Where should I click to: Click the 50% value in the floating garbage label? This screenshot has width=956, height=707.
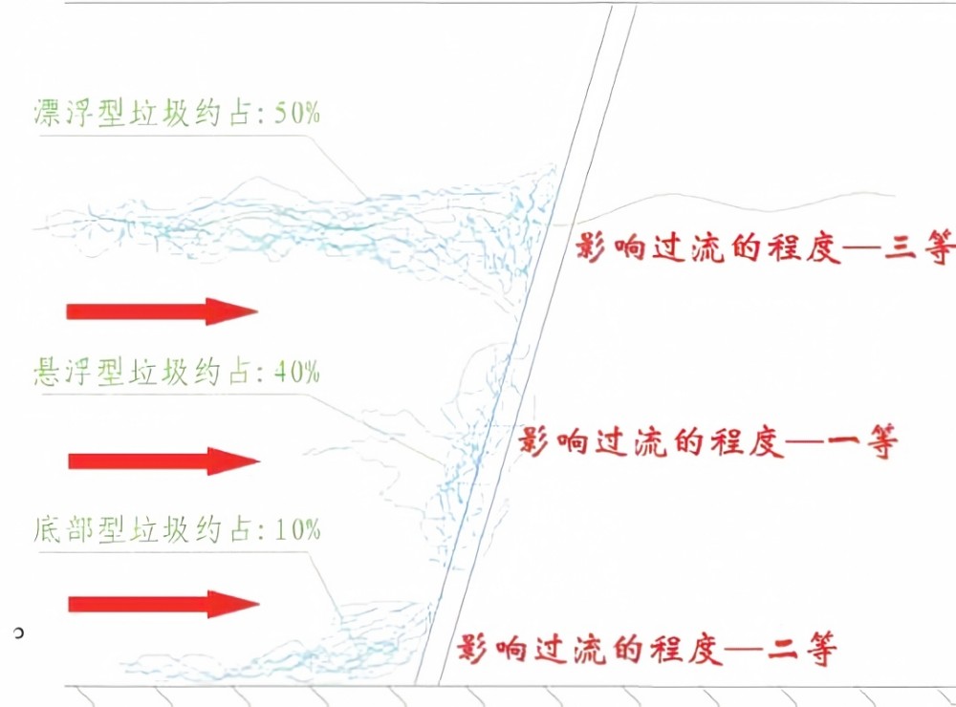[x=297, y=113]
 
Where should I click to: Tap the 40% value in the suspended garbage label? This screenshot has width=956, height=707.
[x=297, y=371]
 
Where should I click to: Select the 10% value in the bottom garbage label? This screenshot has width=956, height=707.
[x=297, y=529]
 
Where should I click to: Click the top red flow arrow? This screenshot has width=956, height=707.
[x=163, y=311]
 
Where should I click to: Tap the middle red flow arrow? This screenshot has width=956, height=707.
[x=164, y=461]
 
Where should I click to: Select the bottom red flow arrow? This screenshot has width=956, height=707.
[x=164, y=604]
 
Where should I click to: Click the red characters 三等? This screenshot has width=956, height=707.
[x=920, y=248]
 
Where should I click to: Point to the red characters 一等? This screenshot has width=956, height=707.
[x=862, y=440]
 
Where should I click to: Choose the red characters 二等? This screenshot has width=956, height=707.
[x=802, y=649]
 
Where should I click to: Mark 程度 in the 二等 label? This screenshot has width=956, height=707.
[x=685, y=649]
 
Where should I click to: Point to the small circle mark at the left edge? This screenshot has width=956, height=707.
[x=18, y=633]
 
